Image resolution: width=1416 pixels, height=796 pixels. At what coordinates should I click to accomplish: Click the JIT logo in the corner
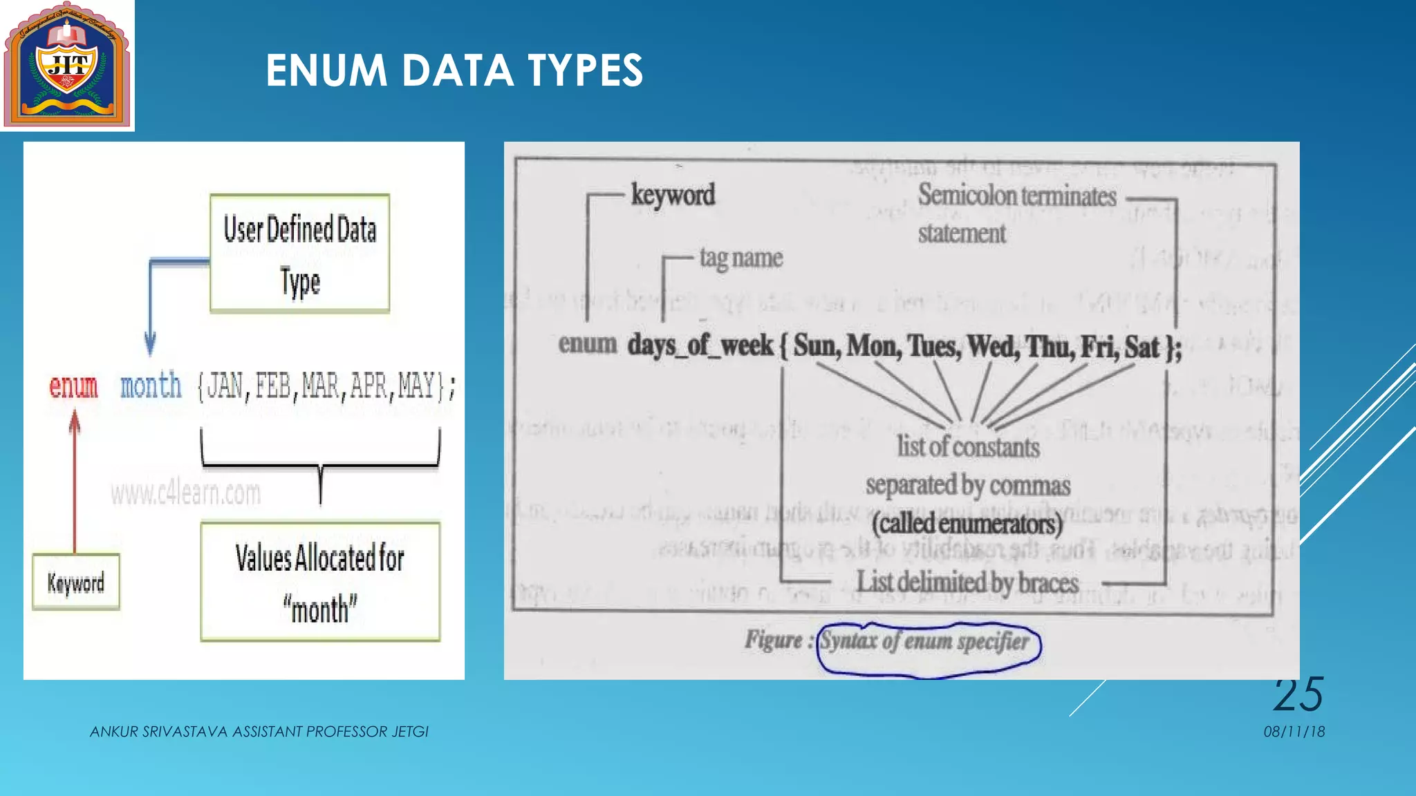[67, 66]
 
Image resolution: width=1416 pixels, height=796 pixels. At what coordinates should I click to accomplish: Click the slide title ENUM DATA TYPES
[454, 70]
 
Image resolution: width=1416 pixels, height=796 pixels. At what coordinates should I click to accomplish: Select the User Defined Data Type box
[299, 254]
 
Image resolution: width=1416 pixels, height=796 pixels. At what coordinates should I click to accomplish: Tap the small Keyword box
[76, 582]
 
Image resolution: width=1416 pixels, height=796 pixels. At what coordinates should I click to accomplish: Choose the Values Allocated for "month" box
[320, 582]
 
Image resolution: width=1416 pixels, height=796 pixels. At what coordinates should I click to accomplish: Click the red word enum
[73, 386]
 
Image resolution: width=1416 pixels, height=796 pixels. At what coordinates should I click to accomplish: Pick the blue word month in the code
[151, 386]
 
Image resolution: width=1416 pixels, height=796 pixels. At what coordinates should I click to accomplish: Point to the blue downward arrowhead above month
[150, 343]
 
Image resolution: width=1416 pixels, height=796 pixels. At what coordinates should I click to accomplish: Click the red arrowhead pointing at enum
[75, 420]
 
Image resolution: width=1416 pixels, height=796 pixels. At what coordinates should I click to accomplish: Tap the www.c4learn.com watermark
[185, 493]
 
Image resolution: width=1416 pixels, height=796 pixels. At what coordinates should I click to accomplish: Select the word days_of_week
[700, 345]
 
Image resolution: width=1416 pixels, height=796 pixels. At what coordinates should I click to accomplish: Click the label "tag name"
[740, 258]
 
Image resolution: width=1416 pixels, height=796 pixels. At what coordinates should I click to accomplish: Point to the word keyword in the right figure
[673, 195]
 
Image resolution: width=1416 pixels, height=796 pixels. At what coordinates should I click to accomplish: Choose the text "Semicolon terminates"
[1016, 196]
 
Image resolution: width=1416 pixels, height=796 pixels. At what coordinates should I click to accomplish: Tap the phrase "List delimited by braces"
[967, 582]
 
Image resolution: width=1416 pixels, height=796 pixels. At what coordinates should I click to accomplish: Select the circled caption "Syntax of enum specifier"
[924, 641]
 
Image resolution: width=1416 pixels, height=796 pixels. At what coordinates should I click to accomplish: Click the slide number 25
[1298, 694]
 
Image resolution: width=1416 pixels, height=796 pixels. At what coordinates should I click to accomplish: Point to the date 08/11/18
[1294, 732]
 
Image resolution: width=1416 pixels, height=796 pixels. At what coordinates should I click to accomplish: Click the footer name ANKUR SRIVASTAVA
[159, 732]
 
